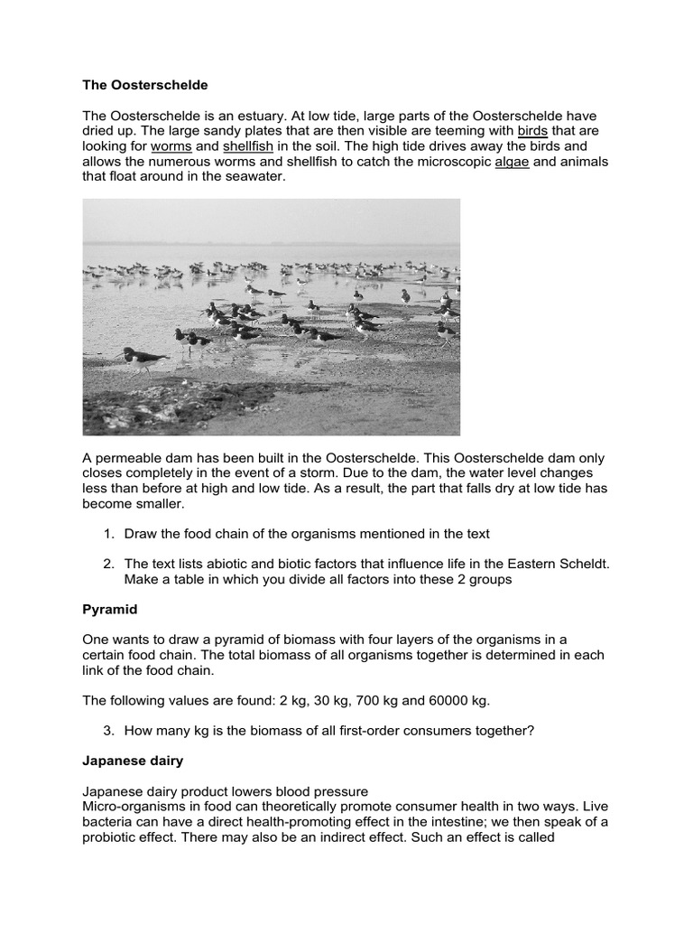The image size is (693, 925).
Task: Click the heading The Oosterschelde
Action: pos(145,85)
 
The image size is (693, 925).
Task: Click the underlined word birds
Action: pos(533,131)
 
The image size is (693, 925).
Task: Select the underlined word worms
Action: pos(171,146)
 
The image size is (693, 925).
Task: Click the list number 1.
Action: pos(108,534)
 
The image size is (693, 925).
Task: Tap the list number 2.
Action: pos(108,564)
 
